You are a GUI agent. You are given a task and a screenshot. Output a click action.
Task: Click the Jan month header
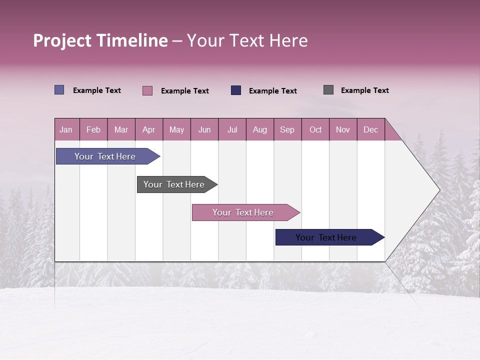[x=66, y=129]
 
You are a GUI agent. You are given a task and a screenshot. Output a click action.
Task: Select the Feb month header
[x=93, y=129]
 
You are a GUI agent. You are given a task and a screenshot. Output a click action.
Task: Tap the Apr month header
[x=148, y=129]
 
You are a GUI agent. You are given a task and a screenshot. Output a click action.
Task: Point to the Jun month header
[x=204, y=129]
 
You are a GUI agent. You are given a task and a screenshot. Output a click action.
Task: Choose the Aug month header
[x=260, y=129]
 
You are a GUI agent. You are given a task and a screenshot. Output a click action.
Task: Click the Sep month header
[x=287, y=129]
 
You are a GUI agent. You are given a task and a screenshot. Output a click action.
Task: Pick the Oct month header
[x=315, y=129]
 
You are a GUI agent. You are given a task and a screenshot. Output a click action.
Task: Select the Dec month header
[x=370, y=129]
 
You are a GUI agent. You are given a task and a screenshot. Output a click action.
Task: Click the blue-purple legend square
[x=59, y=90]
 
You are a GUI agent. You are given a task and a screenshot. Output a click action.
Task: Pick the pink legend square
[x=147, y=90]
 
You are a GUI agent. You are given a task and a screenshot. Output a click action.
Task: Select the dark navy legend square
[x=236, y=90]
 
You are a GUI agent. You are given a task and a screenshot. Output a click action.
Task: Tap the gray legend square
[x=328, y=90]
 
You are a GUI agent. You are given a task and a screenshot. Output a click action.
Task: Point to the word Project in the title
[x=62, y=40]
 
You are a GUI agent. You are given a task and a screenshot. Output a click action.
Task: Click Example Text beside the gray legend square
[x=364, y=90]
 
